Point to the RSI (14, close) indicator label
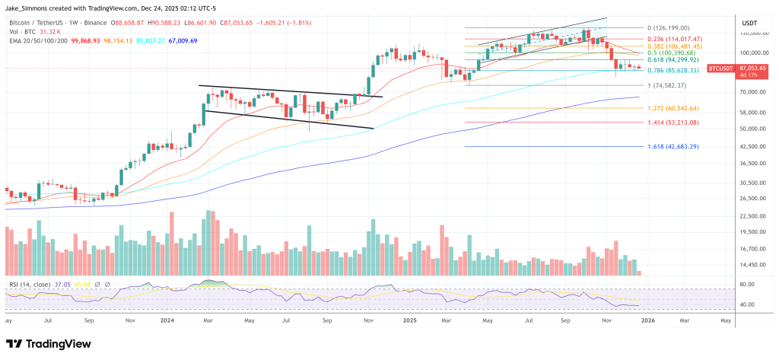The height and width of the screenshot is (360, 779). coord(31,284)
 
